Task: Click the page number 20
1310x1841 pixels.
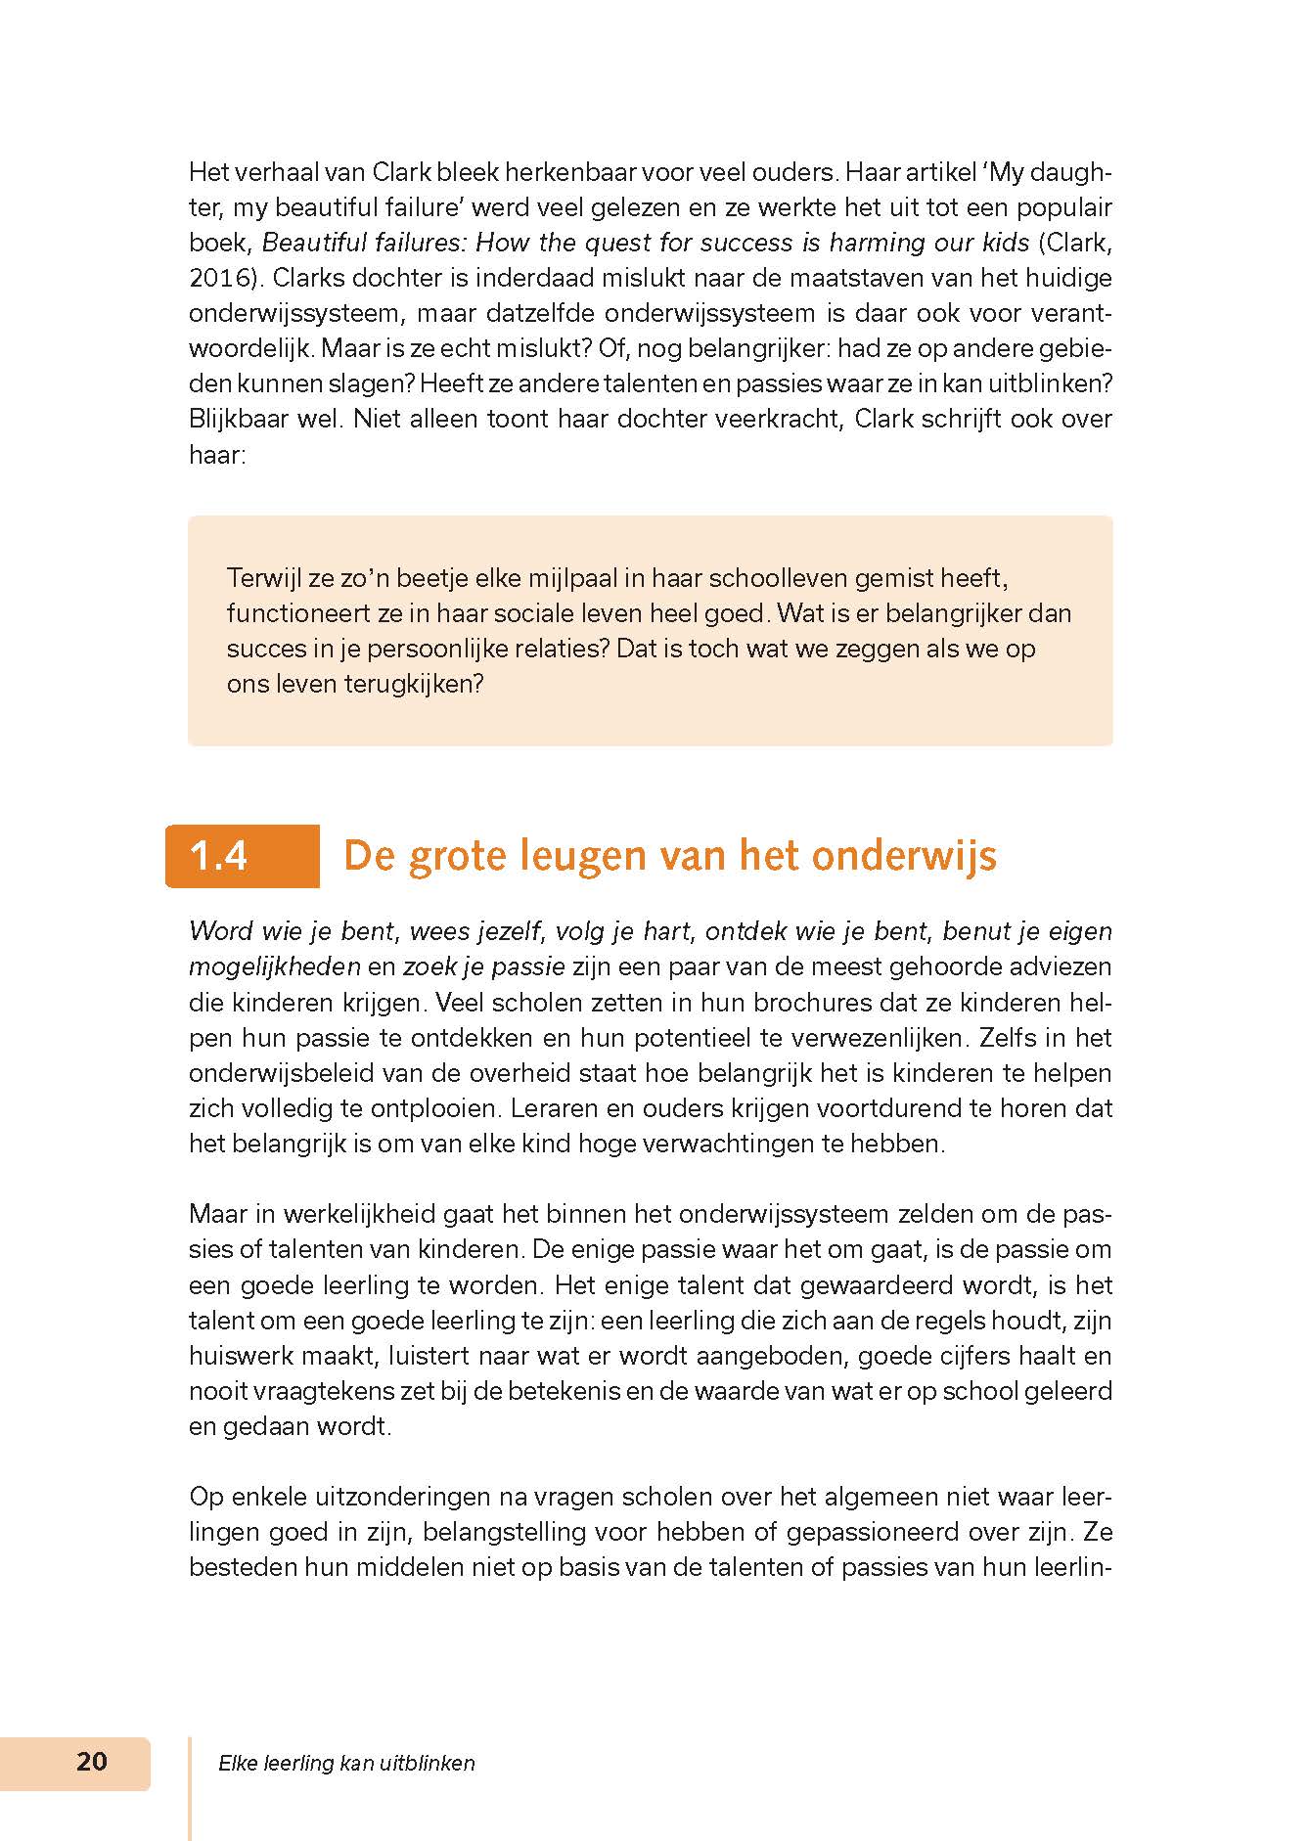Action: point(92,1762)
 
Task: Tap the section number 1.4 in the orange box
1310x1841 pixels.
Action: point(219,856)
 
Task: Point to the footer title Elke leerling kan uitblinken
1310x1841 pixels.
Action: point(346,1764)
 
